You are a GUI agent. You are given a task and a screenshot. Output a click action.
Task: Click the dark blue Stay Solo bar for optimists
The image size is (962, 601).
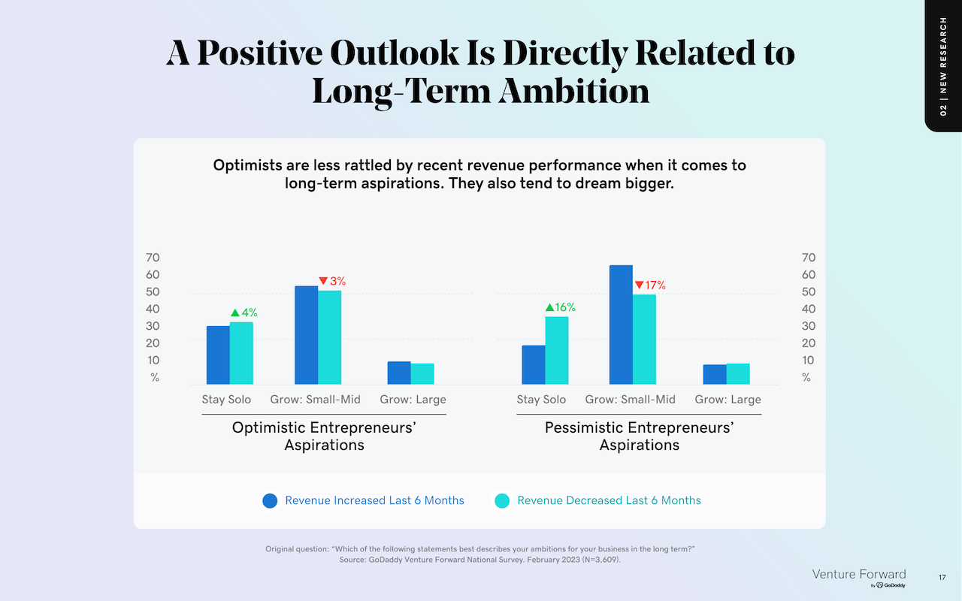click(x=218, y=355)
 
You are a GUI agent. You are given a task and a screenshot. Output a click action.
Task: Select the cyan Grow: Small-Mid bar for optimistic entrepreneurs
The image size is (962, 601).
click(x=330, y=337)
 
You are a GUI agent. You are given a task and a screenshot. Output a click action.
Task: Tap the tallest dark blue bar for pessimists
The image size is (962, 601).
click(x=621, y=325)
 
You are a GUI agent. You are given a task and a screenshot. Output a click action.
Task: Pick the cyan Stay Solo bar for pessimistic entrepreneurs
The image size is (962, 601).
click(x=557, y=350)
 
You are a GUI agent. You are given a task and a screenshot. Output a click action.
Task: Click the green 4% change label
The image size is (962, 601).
click(x=244, y=313)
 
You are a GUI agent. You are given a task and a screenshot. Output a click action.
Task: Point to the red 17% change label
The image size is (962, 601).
click(x=650, y=285)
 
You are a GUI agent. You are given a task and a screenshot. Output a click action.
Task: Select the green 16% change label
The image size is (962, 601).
click(x=561, y=307)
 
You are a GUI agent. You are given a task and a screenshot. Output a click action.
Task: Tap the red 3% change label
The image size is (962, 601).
click(x=332, y=281)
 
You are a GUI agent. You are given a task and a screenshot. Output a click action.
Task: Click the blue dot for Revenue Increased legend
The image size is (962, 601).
click(x=270, y=500)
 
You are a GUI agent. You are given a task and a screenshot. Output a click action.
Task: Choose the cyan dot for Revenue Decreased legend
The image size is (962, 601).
click(x=502, y=500)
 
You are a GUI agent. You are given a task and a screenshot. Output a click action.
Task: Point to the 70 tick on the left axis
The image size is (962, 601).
click(x=153, y=258)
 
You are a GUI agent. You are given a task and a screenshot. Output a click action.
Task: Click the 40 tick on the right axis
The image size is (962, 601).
click(x=809, y=309)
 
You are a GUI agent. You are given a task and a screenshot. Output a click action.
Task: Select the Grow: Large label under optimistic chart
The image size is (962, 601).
click(x=413, y=400)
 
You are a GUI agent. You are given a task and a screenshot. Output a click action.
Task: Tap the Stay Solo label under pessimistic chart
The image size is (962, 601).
click(x=541, y=400)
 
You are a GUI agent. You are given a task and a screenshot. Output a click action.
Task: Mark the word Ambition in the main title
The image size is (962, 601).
click(x=574, y=91)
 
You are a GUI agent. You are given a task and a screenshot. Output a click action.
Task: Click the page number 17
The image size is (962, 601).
click(x=942, y=578)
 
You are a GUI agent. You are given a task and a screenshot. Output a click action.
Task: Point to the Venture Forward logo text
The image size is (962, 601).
click(x=859, y=575)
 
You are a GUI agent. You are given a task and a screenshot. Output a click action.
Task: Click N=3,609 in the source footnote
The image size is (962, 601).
click(x=600, y=560)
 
